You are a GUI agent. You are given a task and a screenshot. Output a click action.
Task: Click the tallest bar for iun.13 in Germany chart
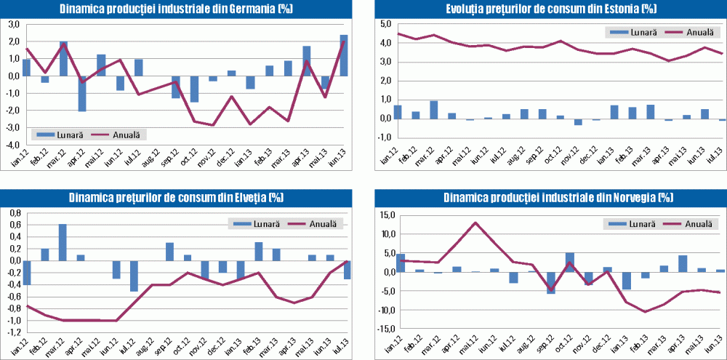[x=343, y=55]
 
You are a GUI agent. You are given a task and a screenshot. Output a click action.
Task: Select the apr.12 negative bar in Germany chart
[x=82, y=93]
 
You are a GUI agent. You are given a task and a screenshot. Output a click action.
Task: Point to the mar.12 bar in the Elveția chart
[x=63, y=242]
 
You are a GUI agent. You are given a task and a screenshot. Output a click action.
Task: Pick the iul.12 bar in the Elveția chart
[x=134, y=276]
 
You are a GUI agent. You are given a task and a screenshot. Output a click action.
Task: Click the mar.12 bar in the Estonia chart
[x=433, y=109]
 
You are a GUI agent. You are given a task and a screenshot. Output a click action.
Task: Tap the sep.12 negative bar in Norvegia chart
[x=551, y=282]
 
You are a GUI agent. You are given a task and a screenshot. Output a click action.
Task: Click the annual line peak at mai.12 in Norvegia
[x=475, y=223]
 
